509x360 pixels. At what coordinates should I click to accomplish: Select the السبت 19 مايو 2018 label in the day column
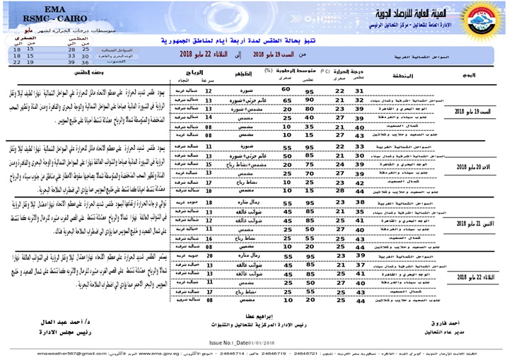pos(471,113)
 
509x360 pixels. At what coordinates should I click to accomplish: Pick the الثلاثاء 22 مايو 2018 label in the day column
pos(471,276)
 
